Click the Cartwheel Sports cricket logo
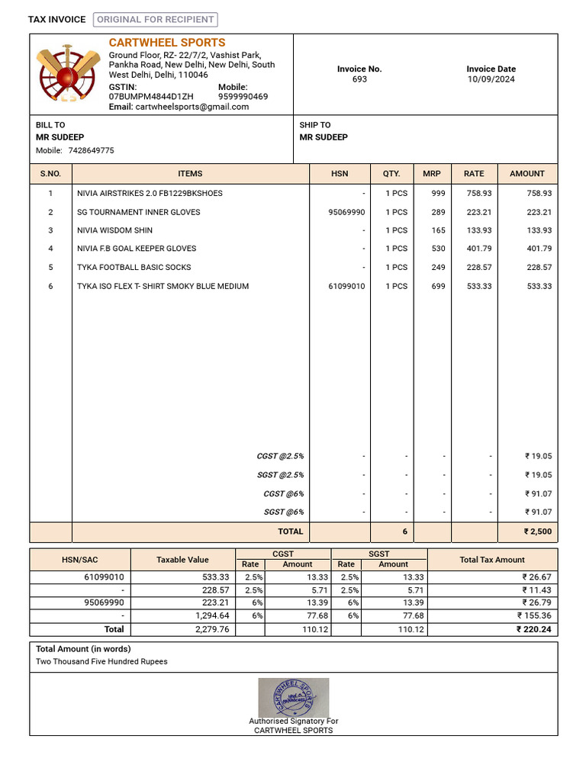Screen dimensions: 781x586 pyautogui.click(x=67, y=74)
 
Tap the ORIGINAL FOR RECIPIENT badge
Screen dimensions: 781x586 pyautogui.click(x=155, y=20)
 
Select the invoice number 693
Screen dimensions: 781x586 pyautogui.click(x=359, y=79)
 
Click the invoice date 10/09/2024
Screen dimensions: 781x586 pyautogui.click(x=491, y=79)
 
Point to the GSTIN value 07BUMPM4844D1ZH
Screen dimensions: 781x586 pyautogui.click(x=151, y=97)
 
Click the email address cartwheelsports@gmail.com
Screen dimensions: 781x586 pyautogui.click(x=192, y=107)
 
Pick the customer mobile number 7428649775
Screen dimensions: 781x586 pyautogui.click(x=91, y=150)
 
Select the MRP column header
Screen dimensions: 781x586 pyautogui.click(x=432, y=174)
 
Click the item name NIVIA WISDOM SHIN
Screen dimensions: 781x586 pyautogui.click(x=114, y=230)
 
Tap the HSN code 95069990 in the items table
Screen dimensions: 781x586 pyautogui.click(x=346, y=212)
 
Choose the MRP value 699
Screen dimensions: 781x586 pyautogui.click(x=438, y=286)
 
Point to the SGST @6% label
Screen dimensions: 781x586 pyautogui.click(x=284, y=513)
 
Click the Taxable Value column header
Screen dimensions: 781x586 pyautogui.click(x=182, y=560)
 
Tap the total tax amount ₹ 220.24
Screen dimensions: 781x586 pyautogui.click(x=533, y=630)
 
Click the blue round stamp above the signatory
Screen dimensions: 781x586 pyautogui.click(x=294, y=697)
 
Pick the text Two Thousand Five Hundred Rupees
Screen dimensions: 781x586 pyautogui.click(x=101, y=661)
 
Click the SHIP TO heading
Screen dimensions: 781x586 pyautogui.click(x=315, y=125)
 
